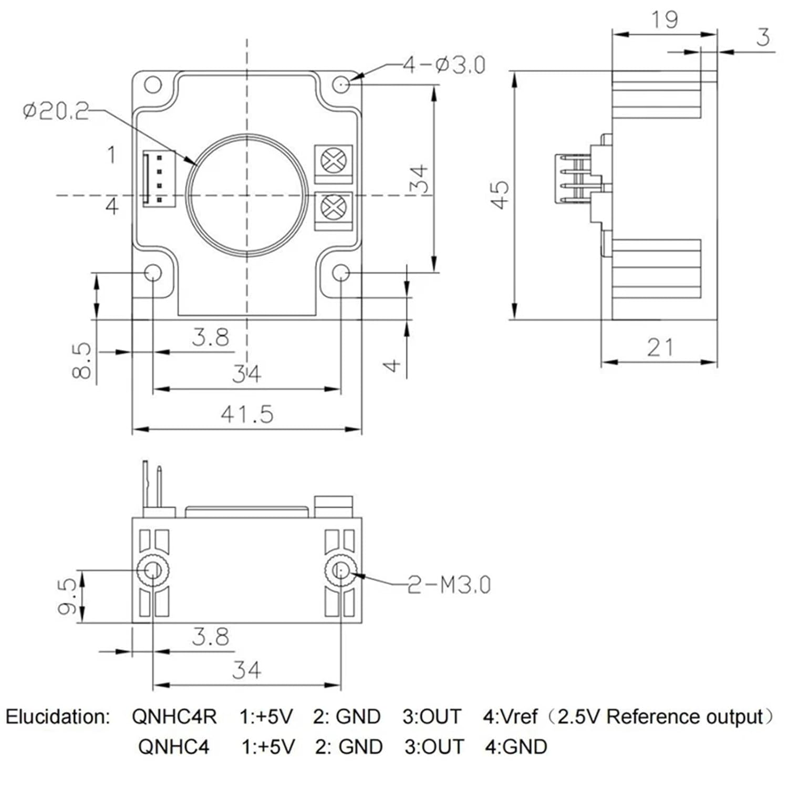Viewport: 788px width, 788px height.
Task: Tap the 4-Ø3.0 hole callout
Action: point(444,65)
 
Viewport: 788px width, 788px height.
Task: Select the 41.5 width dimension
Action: point(247,414)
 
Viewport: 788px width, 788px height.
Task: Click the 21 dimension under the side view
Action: point(660,347)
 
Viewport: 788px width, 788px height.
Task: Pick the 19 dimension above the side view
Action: point(665,20)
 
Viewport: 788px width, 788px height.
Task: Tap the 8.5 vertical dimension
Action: point(82,360)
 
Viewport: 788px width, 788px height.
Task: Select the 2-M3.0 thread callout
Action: point(449,585)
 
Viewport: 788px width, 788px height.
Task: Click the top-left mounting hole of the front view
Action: point(152,85)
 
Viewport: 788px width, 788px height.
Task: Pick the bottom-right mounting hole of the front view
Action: point(341,273)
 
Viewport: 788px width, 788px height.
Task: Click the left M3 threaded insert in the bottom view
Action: point(153,569)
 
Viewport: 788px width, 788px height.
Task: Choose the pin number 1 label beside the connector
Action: point(111,155)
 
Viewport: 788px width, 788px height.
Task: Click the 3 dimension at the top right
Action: point(763,37)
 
